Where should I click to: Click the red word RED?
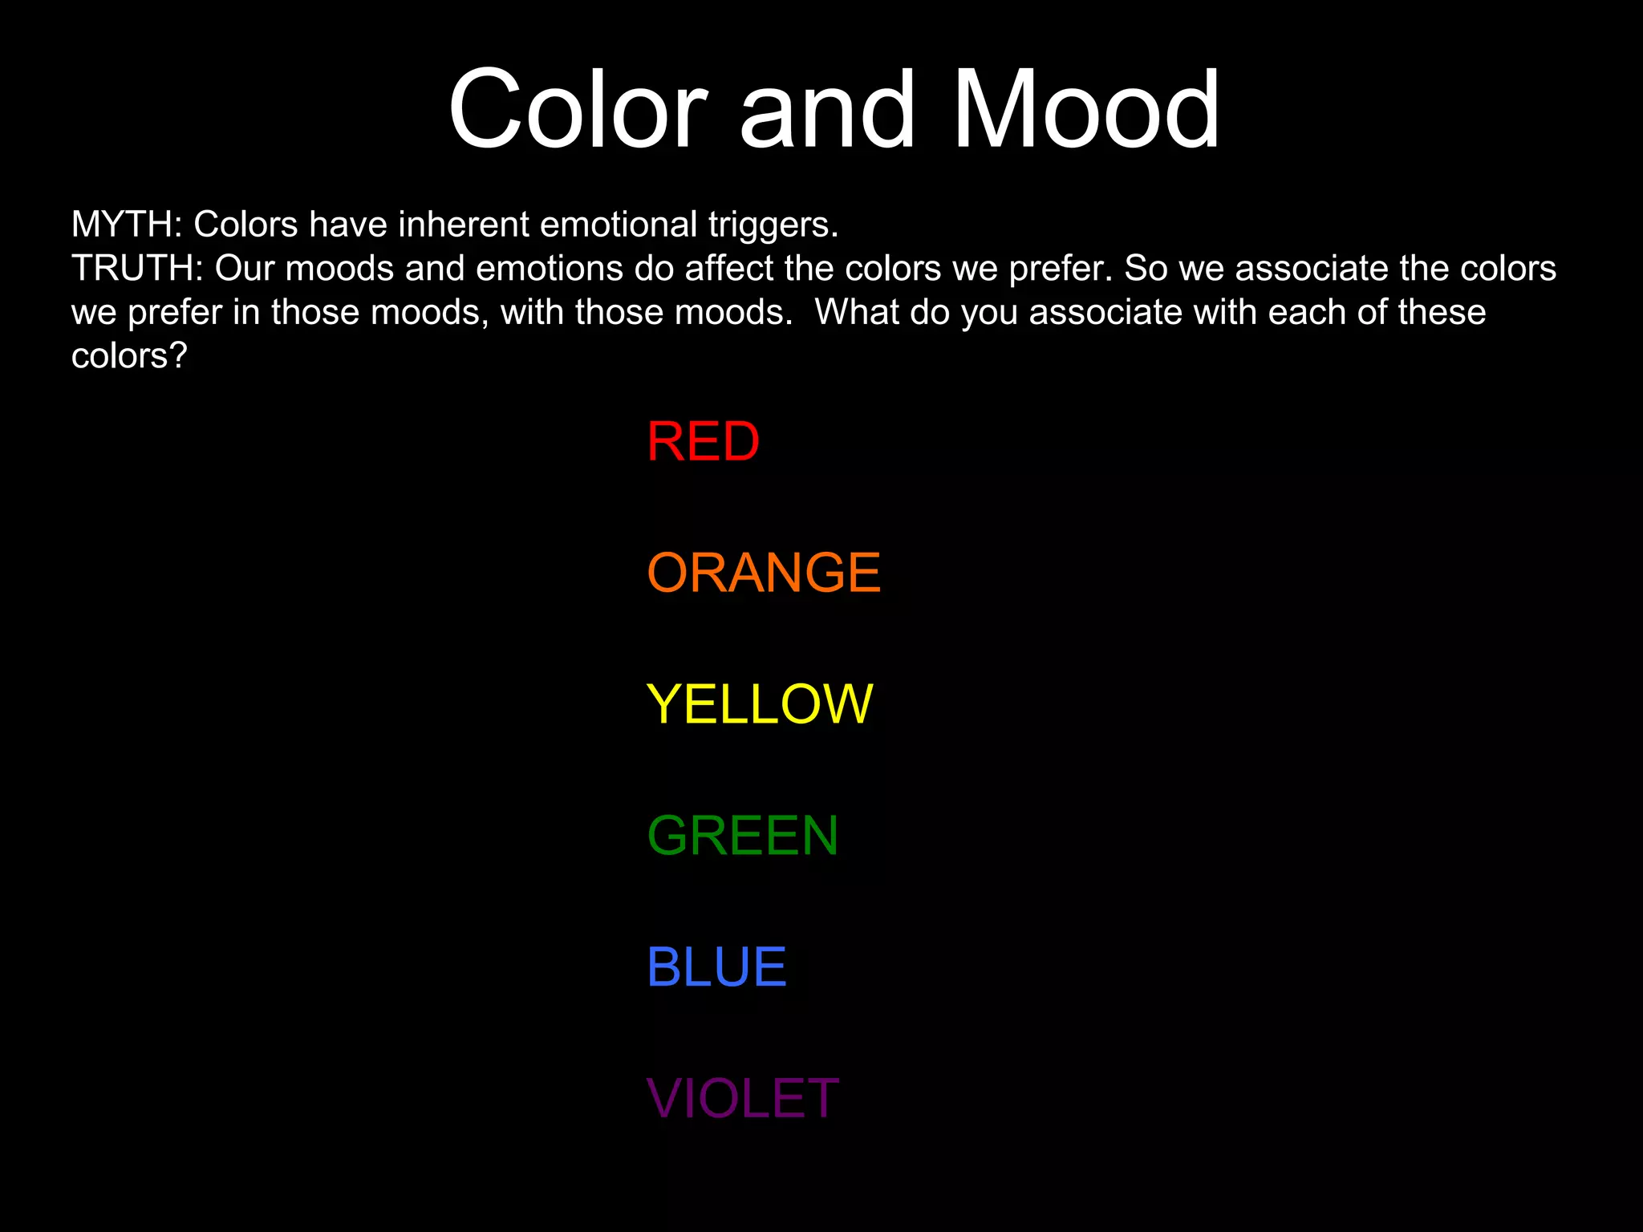point(703,442)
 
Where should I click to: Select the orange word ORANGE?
point(764,573)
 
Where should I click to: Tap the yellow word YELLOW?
point(759,704)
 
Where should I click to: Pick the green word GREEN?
point(742,836)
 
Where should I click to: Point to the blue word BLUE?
point(716,967)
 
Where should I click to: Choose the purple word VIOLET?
point(742,1099)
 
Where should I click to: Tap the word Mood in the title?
point(1085,109)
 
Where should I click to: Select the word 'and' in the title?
point(826,109)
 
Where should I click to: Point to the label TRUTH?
point(137,269)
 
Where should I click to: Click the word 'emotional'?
point(619,225)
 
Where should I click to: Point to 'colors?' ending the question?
point(128,356)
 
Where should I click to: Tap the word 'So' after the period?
point(1146,269)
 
